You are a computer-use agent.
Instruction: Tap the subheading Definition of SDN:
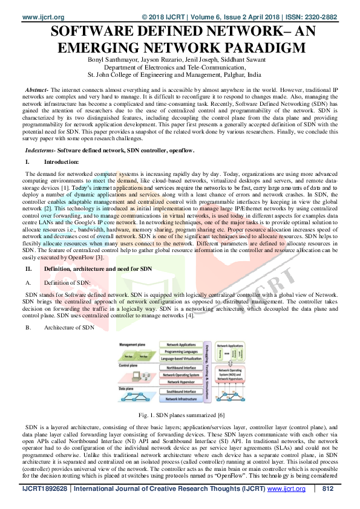pos(67,282)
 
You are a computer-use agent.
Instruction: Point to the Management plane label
pos(134,343)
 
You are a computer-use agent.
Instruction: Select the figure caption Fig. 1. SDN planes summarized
pos(179,417)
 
